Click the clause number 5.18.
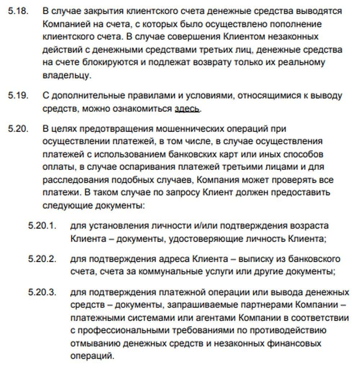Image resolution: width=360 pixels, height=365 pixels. [x=18, y=10]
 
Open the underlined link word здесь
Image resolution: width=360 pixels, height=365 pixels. [x=187, y=108]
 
